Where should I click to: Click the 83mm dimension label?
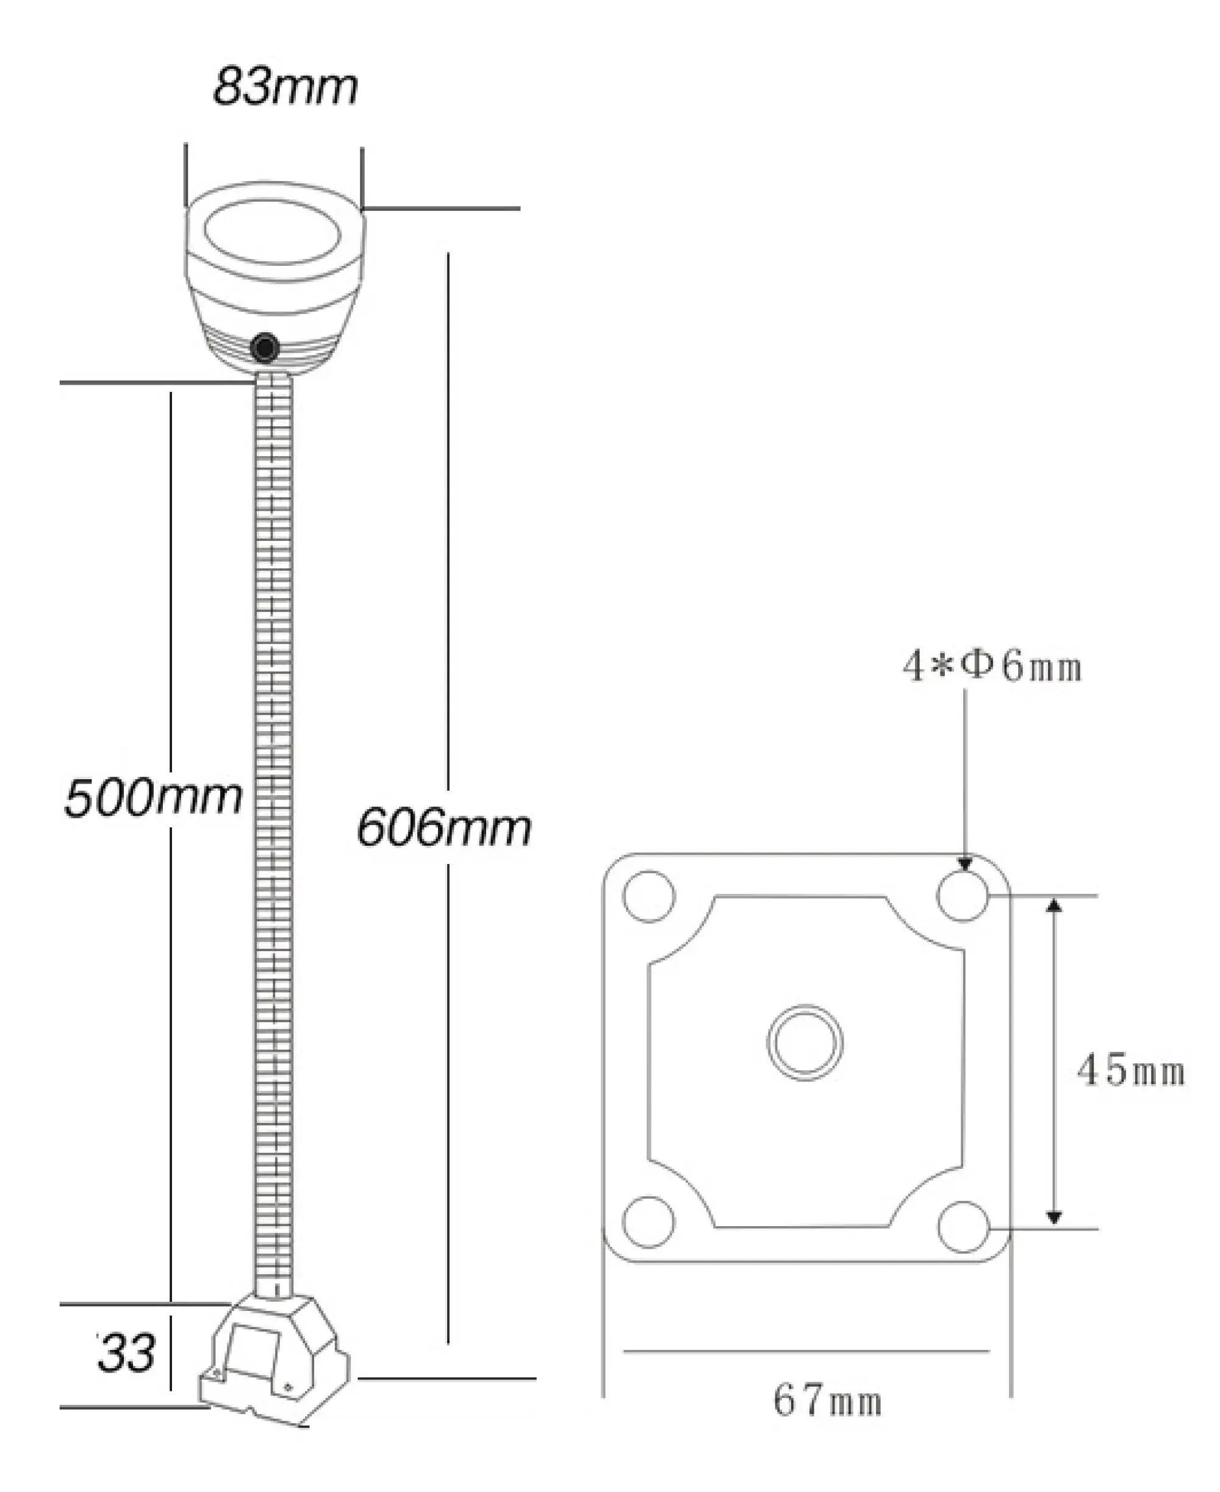click(x=285, y=87)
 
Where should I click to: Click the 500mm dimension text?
click(x=153, y=798)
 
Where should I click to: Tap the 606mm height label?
click(x=443, y=827)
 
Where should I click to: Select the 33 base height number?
click(x=126, y=1353)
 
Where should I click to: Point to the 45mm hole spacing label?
click(x=1131, y=1071)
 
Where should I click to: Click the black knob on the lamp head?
click(x=265, y=347)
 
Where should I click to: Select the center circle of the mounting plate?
click(x=805, y=1043)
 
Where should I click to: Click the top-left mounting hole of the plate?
click(x=648, y=896)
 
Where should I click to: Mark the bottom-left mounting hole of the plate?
click(x=648, y=1223)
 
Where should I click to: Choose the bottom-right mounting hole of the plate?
click(x=963, y=1227)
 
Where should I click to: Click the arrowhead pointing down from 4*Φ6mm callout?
click(x=965, y=863)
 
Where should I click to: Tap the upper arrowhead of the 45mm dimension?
click(x=1053, y=905)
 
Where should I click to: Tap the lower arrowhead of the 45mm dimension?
click(x=1053, y=1218)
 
